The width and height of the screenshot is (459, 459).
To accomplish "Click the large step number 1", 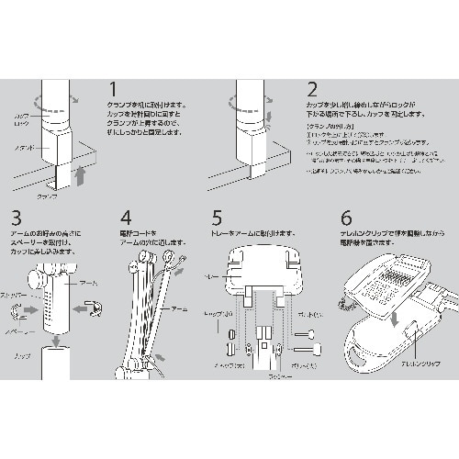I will tap(114, 91).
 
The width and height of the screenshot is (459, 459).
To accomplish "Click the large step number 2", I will tap(313, 91).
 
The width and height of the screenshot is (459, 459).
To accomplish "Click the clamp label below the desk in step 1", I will tap(47, 196).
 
